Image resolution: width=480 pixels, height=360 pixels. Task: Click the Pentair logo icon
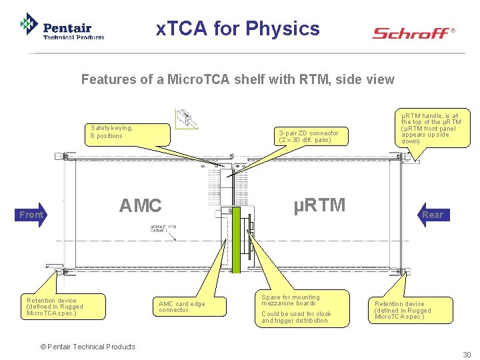pyautogui.click(x=29, y=25)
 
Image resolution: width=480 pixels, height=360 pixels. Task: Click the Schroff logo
pyautogui.click(x=412, y=33)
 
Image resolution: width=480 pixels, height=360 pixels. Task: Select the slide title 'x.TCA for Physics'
pyautogui.click(x=238, y=29)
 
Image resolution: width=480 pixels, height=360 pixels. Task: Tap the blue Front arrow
pyautogui.click(x=31, y=215)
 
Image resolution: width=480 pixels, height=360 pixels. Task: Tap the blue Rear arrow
pyautogui.click(x=432, y=215)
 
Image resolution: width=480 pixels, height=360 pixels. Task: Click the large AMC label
pyautogui.click(x=140, y=206)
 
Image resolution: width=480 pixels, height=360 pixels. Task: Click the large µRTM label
pyautogui.click(x=320, y=205)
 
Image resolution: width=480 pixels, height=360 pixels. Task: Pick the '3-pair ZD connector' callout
pyautogui.click(x=308, y=136)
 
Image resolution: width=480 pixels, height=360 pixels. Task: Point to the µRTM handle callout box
pyautogui.click(x=431, y=128)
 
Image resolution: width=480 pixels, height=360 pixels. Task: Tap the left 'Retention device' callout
pyautogui.click(x=61, y=307)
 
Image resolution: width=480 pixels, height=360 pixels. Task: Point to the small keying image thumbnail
pyautogui.click(x=187, y=119)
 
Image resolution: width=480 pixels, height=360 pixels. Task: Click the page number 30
pyautogui.click(x=467, y=355)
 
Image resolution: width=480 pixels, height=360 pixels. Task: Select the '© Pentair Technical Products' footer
pyautogui.click(x=87, y=347)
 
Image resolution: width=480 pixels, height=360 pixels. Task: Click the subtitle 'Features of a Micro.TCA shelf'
pyautogui.click(x=237, y=80)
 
